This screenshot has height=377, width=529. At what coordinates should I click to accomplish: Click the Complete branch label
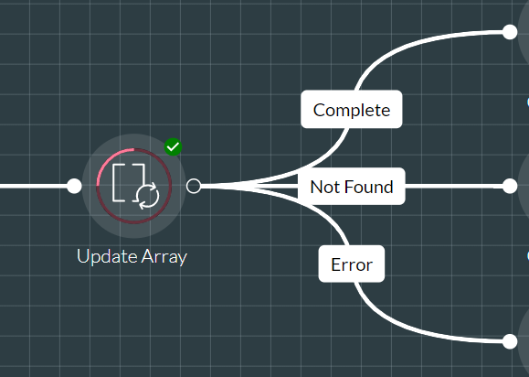tap(351, 109)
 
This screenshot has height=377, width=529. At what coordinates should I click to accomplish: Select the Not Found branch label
tap(351, 186)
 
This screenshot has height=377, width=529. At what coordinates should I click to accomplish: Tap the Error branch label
tap(352, 264)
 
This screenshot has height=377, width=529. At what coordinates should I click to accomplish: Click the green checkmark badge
tap(173, 147)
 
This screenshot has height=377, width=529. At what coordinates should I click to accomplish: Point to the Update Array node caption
tap(132, 257)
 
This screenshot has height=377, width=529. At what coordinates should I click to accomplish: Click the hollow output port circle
tap(194, 186)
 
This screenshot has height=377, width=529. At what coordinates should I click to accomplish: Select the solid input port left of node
tap(74, 186)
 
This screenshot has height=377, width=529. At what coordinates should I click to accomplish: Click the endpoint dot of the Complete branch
tap(510, 32)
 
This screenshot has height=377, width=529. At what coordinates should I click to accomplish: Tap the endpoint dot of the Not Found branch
tap(510, 186)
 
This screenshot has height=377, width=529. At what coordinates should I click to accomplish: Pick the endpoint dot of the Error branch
tap(510, 341)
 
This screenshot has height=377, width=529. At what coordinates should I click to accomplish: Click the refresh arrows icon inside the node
tap(148, 196)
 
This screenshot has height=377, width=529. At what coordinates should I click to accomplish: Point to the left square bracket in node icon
tap(118, 183)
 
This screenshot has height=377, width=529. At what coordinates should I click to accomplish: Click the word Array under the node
tap(164, 257)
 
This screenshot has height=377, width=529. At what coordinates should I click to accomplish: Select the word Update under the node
tap(108, 257)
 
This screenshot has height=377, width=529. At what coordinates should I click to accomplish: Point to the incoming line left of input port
tap(34, 186)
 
